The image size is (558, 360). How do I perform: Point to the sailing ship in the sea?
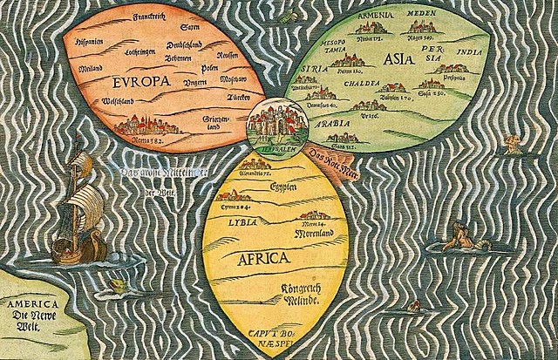[75, 209]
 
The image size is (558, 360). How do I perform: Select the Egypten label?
[289, 187]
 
